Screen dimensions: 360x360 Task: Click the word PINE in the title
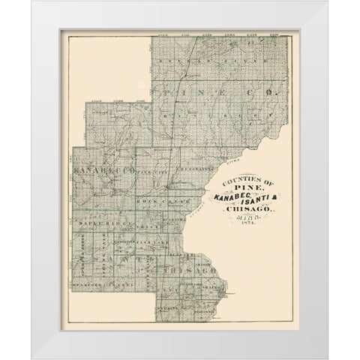(239, 189)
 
